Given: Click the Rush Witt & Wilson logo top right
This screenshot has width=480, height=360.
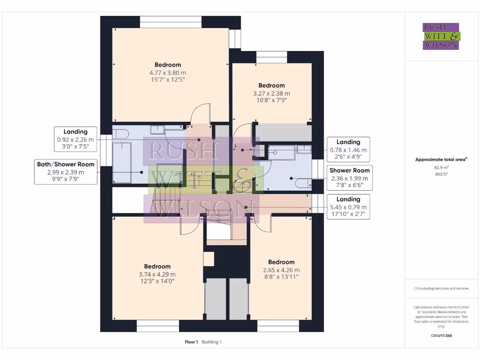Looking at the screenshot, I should click(441, 36).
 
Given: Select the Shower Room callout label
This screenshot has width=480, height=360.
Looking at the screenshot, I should click(349, 178).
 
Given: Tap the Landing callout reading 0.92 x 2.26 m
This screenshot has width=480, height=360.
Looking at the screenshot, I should click(75, 139).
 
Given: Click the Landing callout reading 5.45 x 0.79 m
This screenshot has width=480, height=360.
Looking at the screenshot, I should click(348, 207).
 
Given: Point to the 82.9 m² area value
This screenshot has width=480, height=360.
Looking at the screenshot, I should click(441, 167).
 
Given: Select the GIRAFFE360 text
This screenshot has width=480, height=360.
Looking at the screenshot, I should click(441, 336).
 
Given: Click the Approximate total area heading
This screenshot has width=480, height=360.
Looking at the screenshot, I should click(441, 159).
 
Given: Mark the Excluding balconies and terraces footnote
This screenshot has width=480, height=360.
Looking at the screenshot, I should click(441, 288).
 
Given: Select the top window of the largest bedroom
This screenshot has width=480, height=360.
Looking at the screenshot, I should click(171, 22).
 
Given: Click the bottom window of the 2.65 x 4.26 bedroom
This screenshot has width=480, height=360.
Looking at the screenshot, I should click(278, 326).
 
